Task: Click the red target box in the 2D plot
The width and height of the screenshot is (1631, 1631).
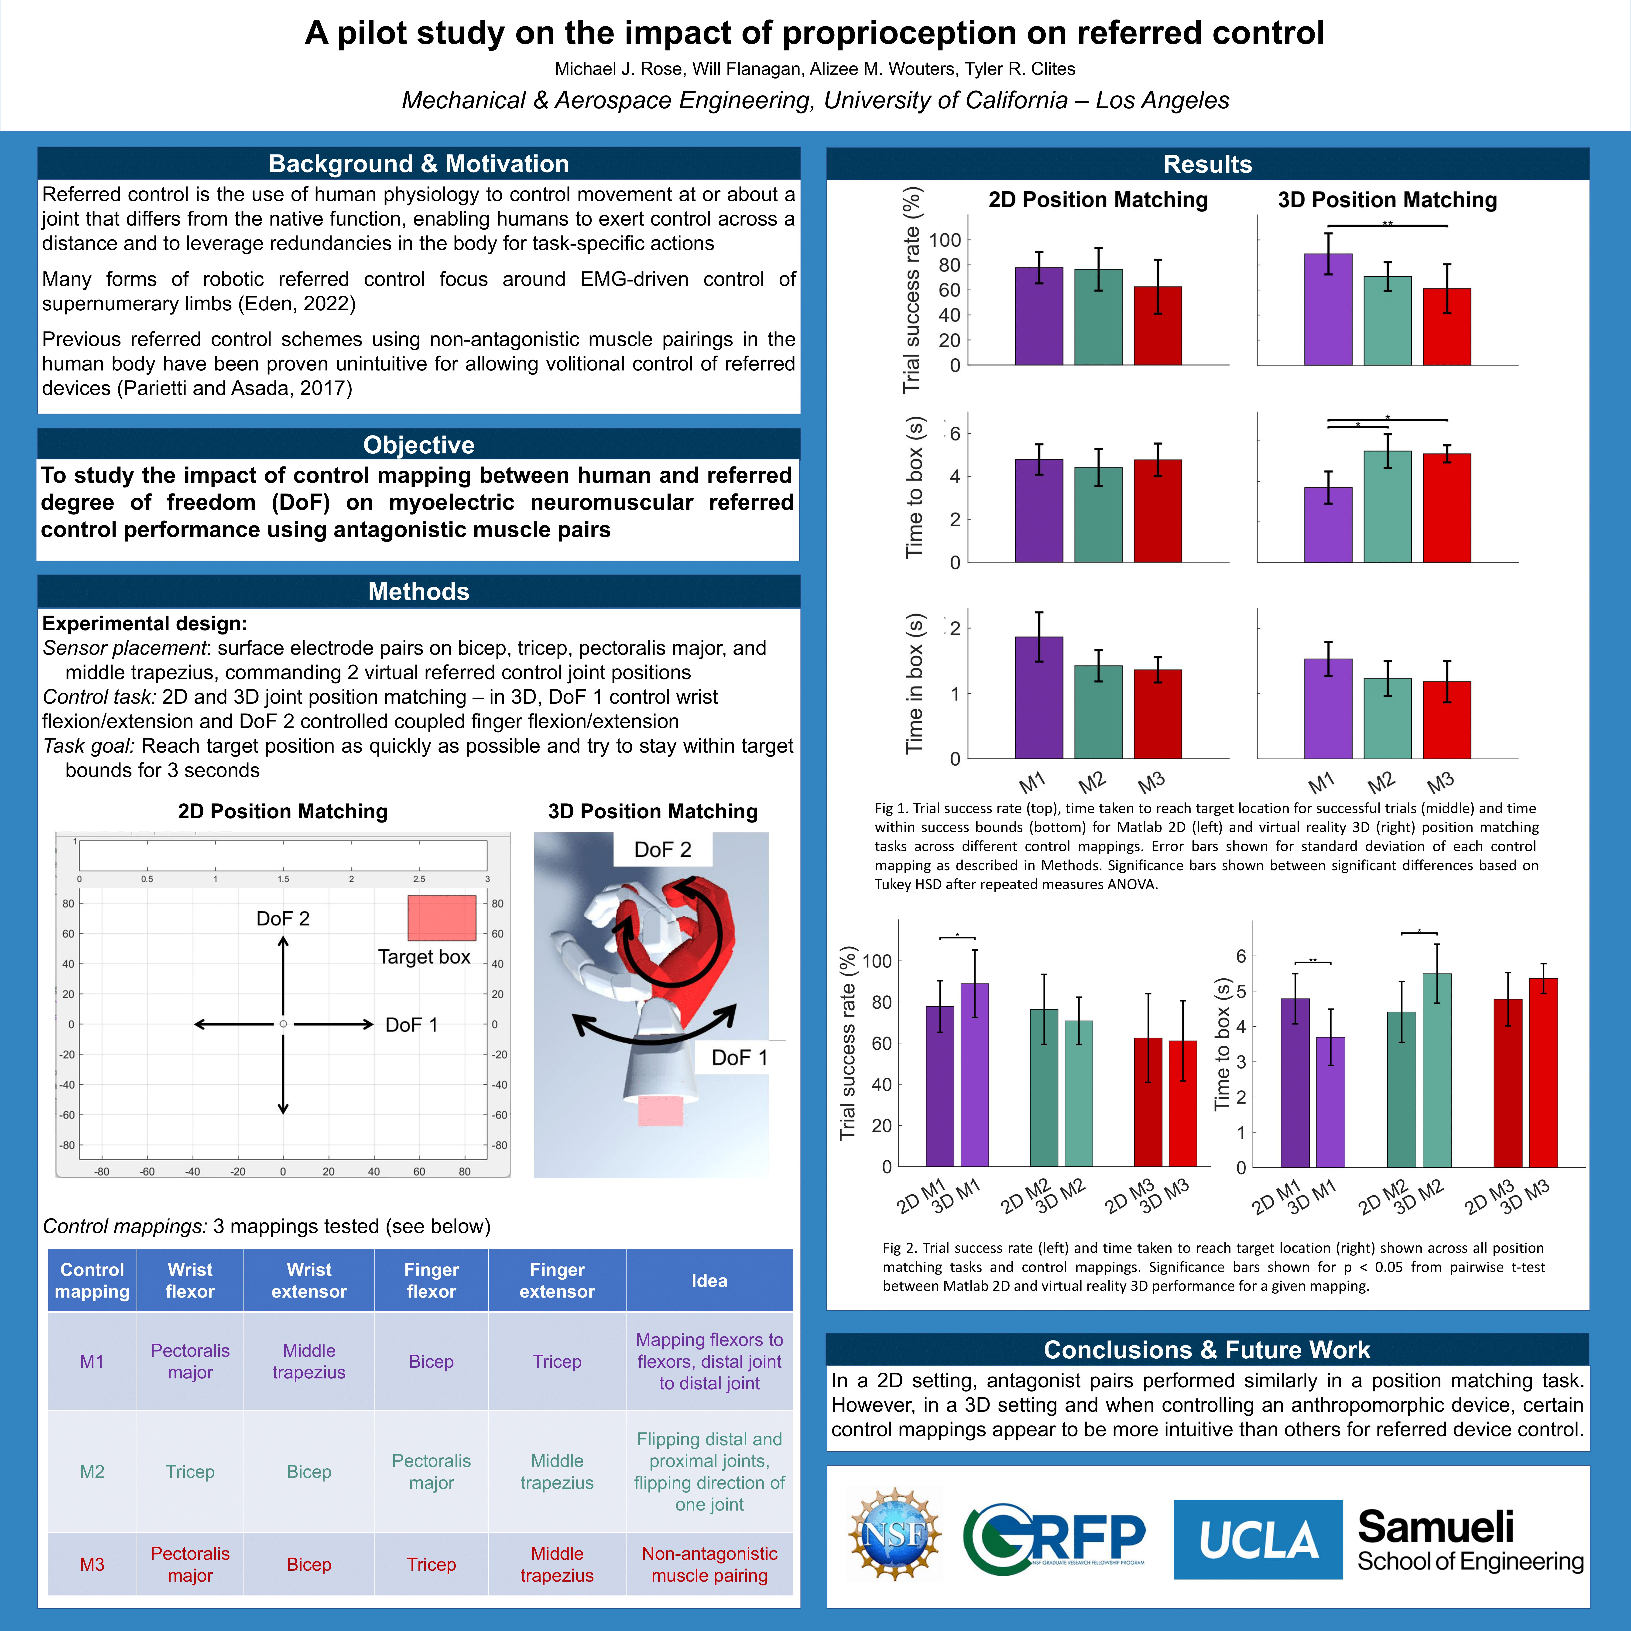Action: [x=442, y=918]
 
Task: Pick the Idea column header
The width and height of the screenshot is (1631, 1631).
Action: [x=709, y=1281]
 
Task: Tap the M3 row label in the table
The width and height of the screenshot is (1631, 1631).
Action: [x=92, y=1564]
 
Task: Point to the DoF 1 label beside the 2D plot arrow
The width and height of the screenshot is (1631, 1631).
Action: [x=411, y=1025]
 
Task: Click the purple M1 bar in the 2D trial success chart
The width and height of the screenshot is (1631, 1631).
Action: [x=1038, y=317]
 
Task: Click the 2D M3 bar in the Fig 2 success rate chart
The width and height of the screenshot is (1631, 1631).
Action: [x=1147, y=1102]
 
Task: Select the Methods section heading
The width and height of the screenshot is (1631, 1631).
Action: [x=419, y=591]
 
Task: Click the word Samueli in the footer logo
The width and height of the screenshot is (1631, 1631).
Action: [x=1435, y=1526]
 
